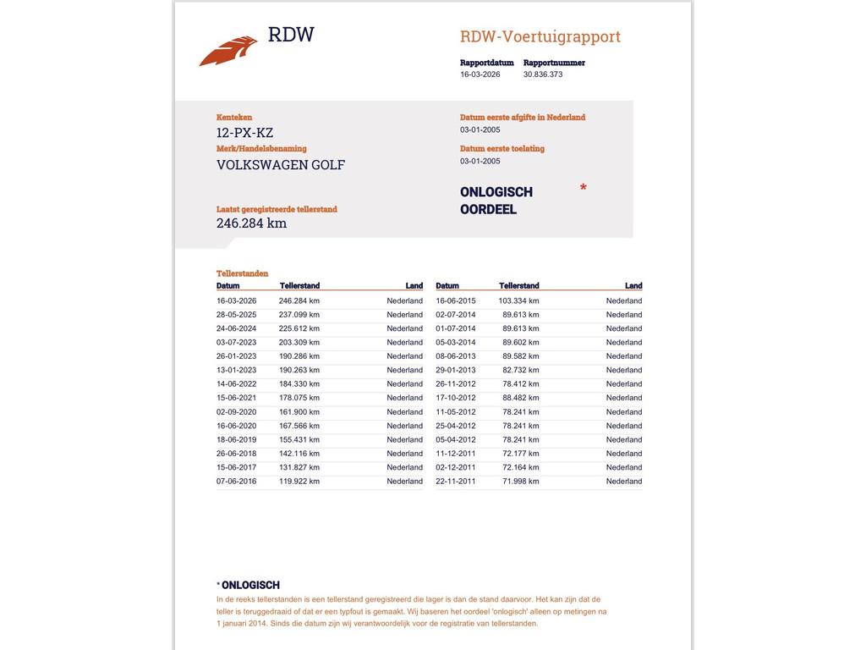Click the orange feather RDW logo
tap(228, 51)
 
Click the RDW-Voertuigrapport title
tap(540, 36)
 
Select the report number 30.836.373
tap(543, 74)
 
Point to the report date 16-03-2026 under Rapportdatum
tap(480, 74)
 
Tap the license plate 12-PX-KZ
tap(244, 133)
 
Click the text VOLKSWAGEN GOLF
tap(281, 165)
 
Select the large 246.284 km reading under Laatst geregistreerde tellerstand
tap(251, 223)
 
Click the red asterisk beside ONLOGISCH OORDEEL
tap(584, 188)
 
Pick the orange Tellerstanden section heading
tap(242, 273)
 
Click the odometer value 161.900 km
tap(299, 412)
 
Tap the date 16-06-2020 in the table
tap(237, 426)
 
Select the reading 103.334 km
tap(518, 300)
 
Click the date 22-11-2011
tap(456, 482)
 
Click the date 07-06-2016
tap(237, 482)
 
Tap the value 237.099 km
tap(299, 315)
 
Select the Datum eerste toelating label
tap(502, 149)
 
